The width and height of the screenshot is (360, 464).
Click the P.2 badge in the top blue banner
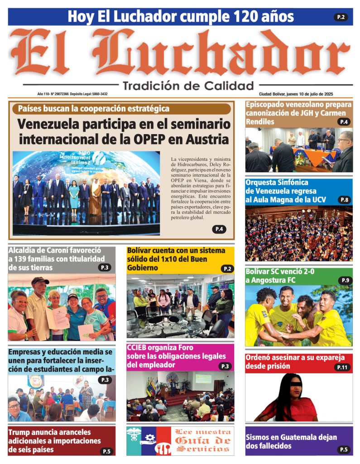(341, 17)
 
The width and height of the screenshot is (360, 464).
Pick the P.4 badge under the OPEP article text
(219, 229)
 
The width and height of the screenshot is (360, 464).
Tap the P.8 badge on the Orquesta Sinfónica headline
(345, 200)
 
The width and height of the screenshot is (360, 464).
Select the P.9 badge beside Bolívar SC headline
(345, 280)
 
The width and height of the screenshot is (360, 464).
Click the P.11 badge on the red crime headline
(342, 367)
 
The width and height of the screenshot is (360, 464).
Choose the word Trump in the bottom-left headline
(20, 432)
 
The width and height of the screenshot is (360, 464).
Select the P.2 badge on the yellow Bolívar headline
(227, 269)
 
